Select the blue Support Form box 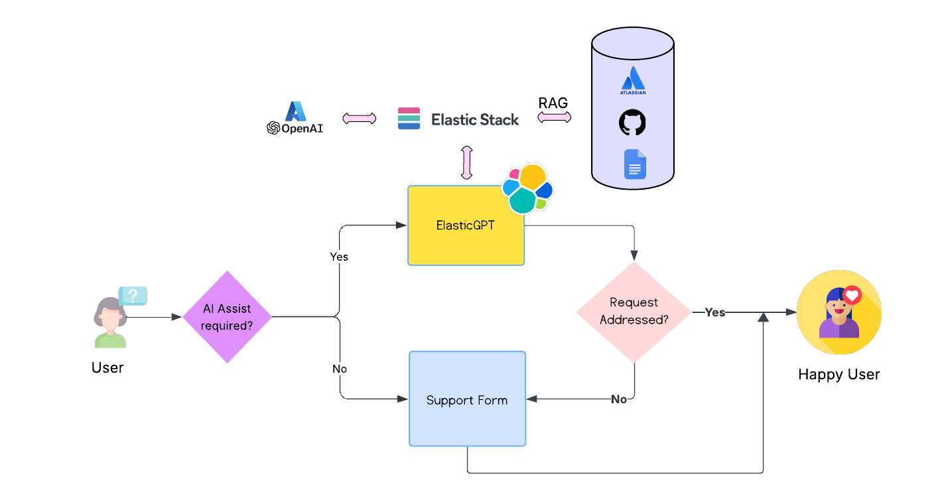(467, 399)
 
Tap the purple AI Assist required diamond (227, 317)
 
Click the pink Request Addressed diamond (634, 312)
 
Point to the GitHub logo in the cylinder (632, 123)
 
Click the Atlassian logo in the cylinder (633, 82)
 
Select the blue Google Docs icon (635, 164)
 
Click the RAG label (553, 103)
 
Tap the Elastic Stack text (475, 119)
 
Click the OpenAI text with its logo (295, 129)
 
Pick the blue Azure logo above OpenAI (295, 111)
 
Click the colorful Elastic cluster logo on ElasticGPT (527, 188)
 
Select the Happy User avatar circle (839, 312)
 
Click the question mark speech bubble (133, 295)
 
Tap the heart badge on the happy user (852, 295)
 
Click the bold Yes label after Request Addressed (714, 312)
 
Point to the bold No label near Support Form (618, 399)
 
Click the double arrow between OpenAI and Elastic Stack (359, 119)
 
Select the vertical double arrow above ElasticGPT (466, 163)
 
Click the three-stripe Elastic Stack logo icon (409, 119)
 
